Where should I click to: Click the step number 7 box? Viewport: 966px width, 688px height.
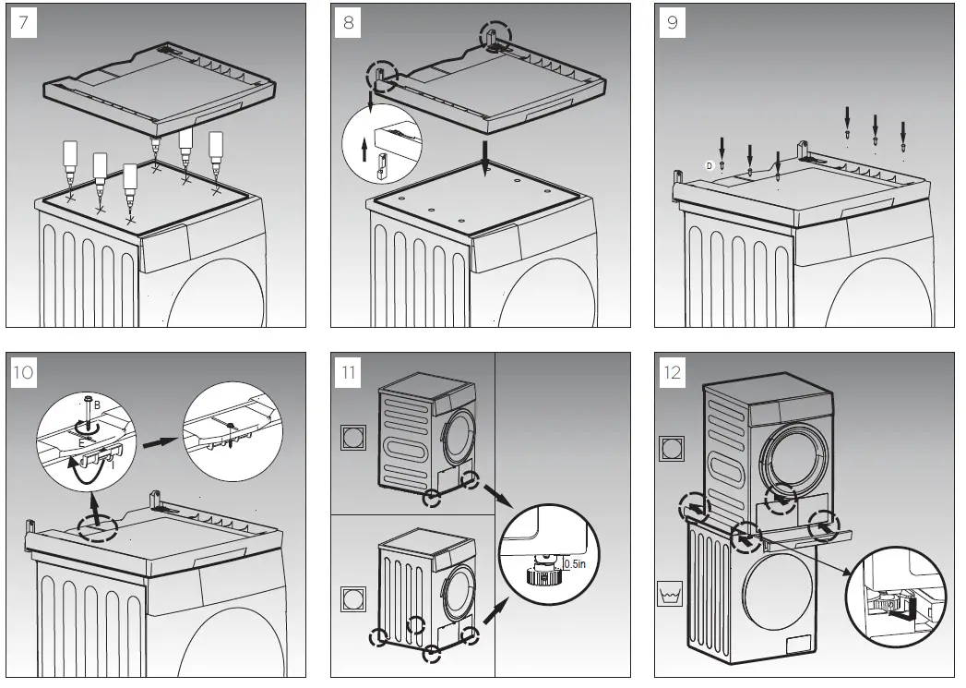coord(24,23)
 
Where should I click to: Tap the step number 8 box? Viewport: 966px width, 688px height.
coord(348,23)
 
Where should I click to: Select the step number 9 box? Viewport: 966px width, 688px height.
coord(672,23)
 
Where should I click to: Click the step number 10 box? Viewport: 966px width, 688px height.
coord(25,373)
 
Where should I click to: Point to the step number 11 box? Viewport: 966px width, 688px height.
coord(348,373)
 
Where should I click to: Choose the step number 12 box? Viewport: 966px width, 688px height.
coord(672,373)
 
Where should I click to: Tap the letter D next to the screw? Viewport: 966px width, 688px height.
coord(710,165)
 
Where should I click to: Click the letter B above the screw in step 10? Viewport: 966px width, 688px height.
coord(97,404)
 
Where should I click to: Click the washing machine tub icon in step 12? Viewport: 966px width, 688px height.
coord(672,593)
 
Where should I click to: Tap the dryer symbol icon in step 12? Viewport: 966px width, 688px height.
coord(672,450)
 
